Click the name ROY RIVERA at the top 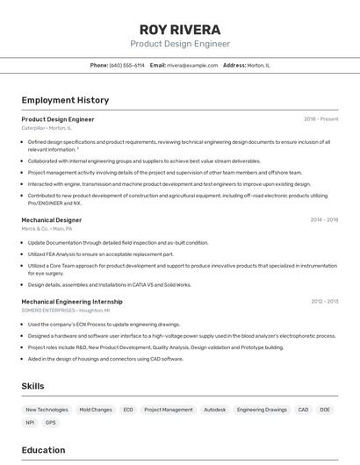pos(180,29)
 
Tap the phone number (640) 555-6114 pos(127,65)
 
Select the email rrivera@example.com pos(192,65)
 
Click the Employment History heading pos(65,100)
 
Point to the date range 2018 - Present pos(320,119)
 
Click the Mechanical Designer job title pos(52,220)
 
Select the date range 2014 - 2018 pos(323,220)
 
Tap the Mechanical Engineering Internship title pos(72,301)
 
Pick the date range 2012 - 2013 pos(324,301)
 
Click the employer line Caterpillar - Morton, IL pos(47,128)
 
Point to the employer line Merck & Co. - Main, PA pos(47,229)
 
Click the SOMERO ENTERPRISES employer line pos(66,310)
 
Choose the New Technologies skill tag pos(47,410)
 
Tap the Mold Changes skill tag pos(96,410)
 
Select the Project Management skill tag pos(169,410)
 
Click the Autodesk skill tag pos(215,410)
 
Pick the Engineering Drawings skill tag pos(262,410)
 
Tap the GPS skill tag pos(51,423)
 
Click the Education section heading pos(43,451)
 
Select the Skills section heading pos(32,386)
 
